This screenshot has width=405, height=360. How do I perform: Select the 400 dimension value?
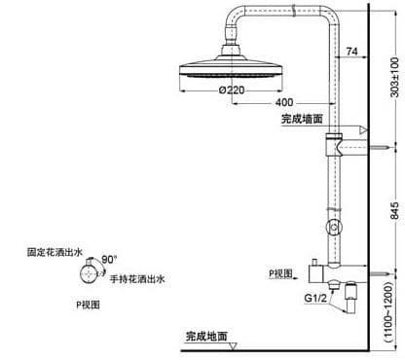(x=284, y=101)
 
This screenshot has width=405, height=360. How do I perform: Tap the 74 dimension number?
(x=351, y=52)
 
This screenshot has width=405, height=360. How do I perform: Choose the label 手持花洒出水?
(x=136, y=278)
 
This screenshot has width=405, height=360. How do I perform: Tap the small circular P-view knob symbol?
(x=91, y=273)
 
